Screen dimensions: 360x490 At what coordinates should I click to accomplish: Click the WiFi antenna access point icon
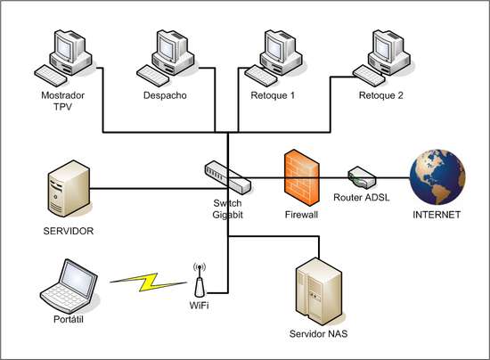tap(200, 282)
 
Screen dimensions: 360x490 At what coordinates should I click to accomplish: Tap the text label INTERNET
tap(437, 215)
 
